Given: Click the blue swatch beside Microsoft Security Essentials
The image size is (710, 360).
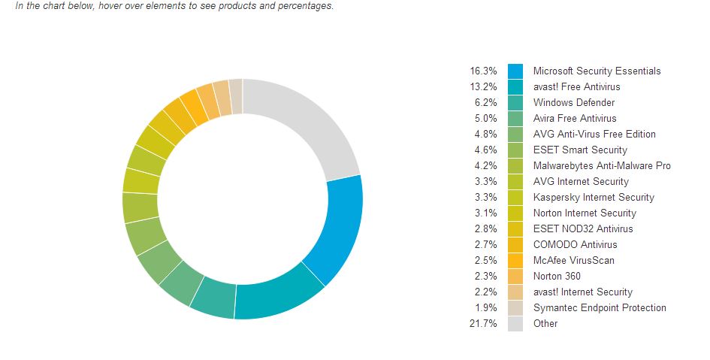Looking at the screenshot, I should click(x=515, y=71).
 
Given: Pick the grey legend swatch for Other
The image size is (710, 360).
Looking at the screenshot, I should click(x=515, y=323).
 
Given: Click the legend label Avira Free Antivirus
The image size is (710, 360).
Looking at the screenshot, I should click(x=575, y=118).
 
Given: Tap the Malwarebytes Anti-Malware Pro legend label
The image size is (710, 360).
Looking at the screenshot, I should click(x=602, y=165).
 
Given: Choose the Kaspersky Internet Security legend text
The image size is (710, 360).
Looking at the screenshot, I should click(x=594, y=197).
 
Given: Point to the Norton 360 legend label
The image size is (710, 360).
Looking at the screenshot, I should click(x=557, y=276).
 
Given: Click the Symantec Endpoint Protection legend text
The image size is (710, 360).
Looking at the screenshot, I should click(x=600, y=307).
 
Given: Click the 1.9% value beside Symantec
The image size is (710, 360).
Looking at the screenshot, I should click(x=486, y=307).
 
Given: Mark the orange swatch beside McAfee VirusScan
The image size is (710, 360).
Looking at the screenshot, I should click(x=515, y=260).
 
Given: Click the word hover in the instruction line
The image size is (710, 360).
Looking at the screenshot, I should click(x=110, y=5).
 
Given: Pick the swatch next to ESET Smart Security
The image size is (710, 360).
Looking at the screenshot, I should click(x=515, y=150).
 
